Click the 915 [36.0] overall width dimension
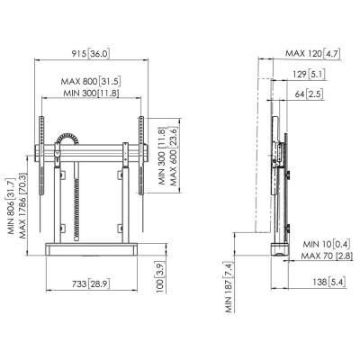[x=91, y=54]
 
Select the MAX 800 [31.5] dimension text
[x=91, y=81]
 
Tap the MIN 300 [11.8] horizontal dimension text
[x=91, y=93]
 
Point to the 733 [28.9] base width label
[x=91, y=283]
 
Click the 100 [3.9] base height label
[x=160, y=276]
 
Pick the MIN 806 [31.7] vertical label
[x=11, y=206]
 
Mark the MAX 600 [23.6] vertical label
[x=174, y=157]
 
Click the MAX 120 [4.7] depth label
[x=313, y=54]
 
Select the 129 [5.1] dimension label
[x=309, y=74]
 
